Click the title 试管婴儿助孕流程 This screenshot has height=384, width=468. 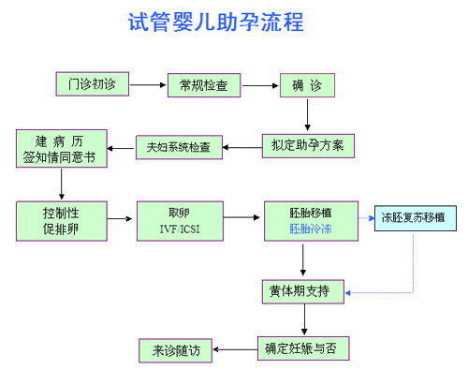click(x=216, y=22)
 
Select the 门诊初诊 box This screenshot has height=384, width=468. click(x=93, y=84)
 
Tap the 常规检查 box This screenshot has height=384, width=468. click(x=204, y=85)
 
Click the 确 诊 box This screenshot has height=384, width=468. click(x=307, y=85)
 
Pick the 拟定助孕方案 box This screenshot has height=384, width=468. click(x=308, y=146)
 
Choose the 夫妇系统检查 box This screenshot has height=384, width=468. click(x=179, y=147)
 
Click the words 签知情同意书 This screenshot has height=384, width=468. click(x=59, y=157)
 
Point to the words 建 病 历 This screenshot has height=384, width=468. click(x=59, y=141)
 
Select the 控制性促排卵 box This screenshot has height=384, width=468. click(x=62, y=221)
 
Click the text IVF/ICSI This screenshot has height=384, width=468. click(x=180, y=229)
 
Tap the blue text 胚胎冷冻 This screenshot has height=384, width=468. click(x=311, y=229)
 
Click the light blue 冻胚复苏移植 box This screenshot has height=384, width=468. click(x=416, y=218)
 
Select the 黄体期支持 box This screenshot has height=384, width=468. click(x=303, y=291)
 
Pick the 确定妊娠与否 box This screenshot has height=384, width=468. click(x=303, y=348)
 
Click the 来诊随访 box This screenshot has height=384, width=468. click(x=175, y=350)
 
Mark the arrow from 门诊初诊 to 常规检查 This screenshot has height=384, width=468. click(x=148, y=85)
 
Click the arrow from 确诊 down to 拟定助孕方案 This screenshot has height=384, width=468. click(x=307, y=115)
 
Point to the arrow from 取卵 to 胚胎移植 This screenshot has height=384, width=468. click(x=241, y=217)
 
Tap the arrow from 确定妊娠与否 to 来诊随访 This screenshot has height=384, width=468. click(x=235, y=349)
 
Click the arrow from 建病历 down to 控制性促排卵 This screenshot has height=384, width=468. click(x=62, y=184)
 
